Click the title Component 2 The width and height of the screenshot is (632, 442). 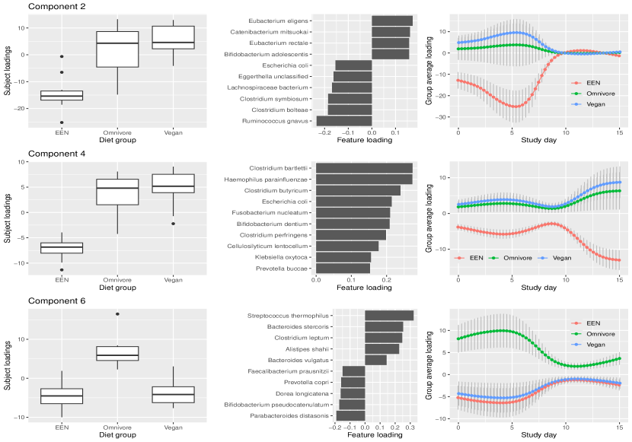click(56, 7)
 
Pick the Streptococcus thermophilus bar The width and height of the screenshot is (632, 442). click(389, 315)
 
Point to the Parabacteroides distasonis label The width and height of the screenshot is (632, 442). click(292, 415)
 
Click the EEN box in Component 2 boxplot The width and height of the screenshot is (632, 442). click(62, 95)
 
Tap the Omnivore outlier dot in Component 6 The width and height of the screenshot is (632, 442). click(117, 314)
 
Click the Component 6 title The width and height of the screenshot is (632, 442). click(56, 300)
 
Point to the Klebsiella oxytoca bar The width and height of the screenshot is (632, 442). click(343, 256)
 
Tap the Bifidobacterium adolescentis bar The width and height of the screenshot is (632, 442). click(390, 54)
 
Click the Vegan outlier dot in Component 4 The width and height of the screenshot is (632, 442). click(173, 224)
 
